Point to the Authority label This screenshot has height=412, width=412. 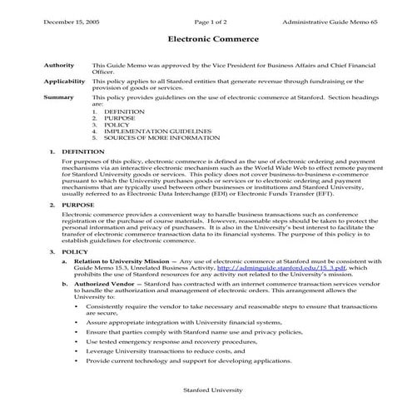58,65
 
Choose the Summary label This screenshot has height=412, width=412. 58,97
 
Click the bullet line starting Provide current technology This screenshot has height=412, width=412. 190,361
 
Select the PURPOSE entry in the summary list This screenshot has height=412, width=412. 119,117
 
